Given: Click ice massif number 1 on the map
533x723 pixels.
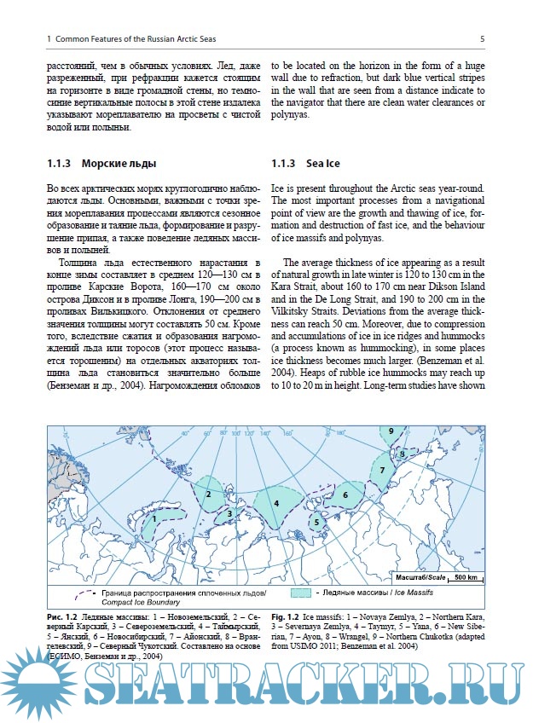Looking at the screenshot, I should (x=155, y=517).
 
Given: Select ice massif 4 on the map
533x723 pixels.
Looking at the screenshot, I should (x=276, y=503).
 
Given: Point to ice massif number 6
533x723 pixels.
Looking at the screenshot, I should (x=346, y=495).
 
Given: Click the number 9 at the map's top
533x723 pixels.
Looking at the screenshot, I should (x=390, y=431).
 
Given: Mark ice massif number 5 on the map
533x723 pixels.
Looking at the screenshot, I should (x=316, y=522).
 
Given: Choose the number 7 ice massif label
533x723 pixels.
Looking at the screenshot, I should (x=383, y=470).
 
